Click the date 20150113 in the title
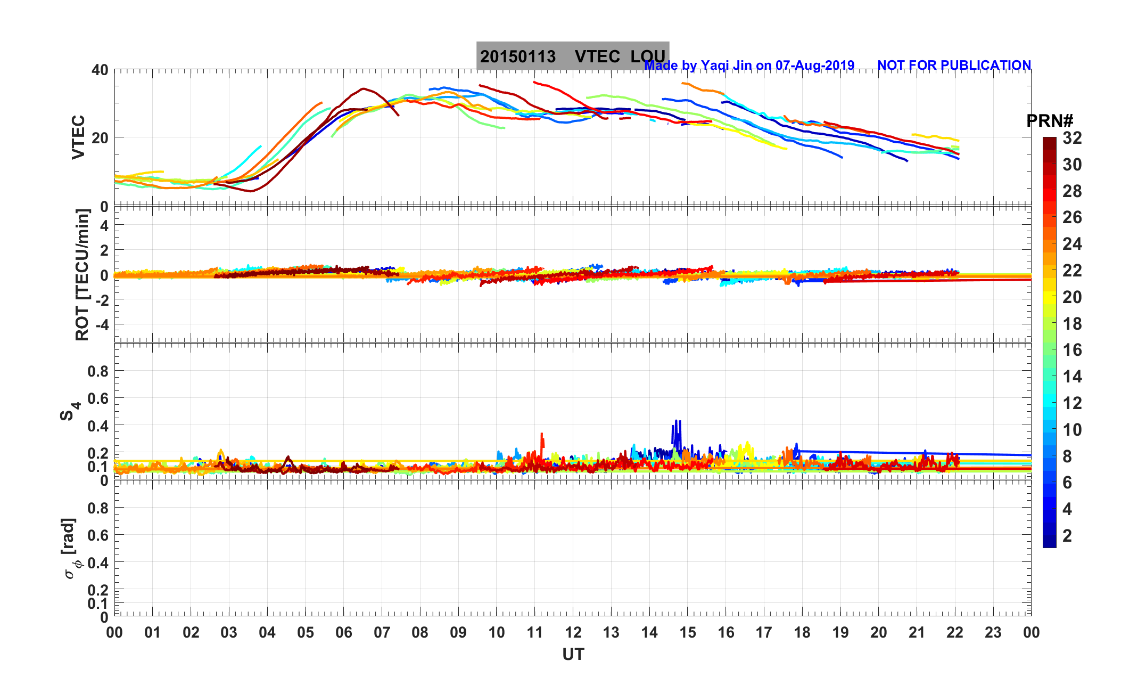[517, 56]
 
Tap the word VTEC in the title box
[597, 56]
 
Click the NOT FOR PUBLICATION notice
[954, 65]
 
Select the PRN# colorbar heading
[1049, 121]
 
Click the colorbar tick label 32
[1072, 138]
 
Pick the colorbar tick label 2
[1067, 536]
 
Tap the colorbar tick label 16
[1072, 350]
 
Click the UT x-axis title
[573, 654]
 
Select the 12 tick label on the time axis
[573, 633]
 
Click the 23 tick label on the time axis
[993, 633]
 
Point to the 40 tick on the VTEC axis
[100, 70]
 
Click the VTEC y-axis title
[78, 137]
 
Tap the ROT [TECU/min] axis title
[82, 274]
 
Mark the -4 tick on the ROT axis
[101, 324]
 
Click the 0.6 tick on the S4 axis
[98, 398]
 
